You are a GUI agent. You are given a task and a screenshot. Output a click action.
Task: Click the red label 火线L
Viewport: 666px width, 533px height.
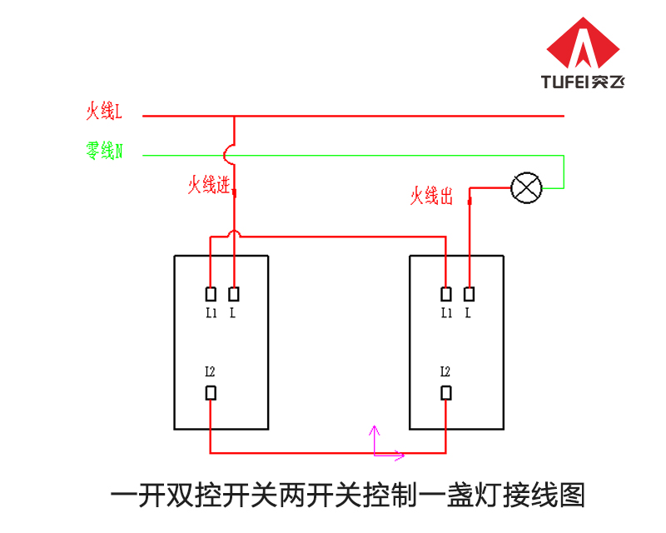click(x=104, y=111)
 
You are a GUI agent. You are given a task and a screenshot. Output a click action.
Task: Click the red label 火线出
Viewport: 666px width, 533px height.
click(x=431, y=196)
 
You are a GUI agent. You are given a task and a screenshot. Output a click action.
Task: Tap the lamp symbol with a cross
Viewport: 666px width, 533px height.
click(x=526, y=188)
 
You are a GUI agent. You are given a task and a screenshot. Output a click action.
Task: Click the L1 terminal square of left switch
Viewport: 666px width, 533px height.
click(x=211, y=294)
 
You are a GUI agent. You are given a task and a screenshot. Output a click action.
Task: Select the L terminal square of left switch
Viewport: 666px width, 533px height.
click(x=234, y=294)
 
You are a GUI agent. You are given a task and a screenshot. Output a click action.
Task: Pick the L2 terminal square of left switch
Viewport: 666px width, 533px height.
click(x=211, y=393)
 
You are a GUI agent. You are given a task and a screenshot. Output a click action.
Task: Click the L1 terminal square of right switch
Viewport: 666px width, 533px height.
click(x=446, y=294)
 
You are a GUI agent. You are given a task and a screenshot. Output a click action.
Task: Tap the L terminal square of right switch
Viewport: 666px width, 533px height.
click(x=469, y=294)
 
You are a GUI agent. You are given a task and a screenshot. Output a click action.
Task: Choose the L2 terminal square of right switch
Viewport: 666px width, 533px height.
click(x=446, y=393)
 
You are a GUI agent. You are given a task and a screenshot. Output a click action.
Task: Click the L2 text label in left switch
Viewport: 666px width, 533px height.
click(x=211, y=371)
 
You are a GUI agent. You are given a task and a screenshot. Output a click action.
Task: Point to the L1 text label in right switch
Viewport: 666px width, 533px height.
click(x=446, y=313)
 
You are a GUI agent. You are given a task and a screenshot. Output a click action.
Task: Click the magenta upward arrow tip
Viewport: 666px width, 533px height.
click(x=374, y=426)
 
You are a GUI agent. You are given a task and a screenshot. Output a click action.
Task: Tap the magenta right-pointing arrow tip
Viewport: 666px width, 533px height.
click(x=404, y=456)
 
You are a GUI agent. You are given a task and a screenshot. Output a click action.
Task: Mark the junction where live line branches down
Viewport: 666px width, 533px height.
click(x=234, y=116)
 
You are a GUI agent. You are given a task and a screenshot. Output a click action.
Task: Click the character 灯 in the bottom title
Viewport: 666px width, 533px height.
click(x=488, y=496)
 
